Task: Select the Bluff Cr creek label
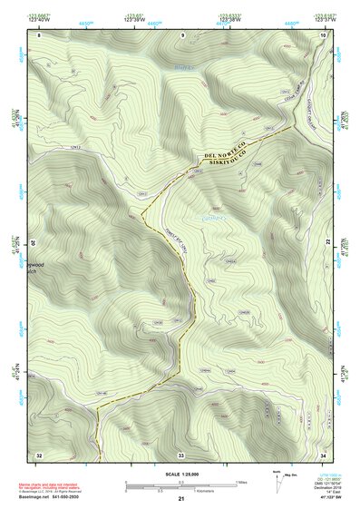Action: [185, 65]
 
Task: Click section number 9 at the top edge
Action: [182, 34]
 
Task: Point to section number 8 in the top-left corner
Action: [40, 34]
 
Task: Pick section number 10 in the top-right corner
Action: [325, 34]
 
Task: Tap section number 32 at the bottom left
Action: [39, 454]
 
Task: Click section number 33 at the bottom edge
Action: [181, 454]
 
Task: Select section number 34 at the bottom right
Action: [324, 454]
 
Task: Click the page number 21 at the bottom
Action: [181, 499]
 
